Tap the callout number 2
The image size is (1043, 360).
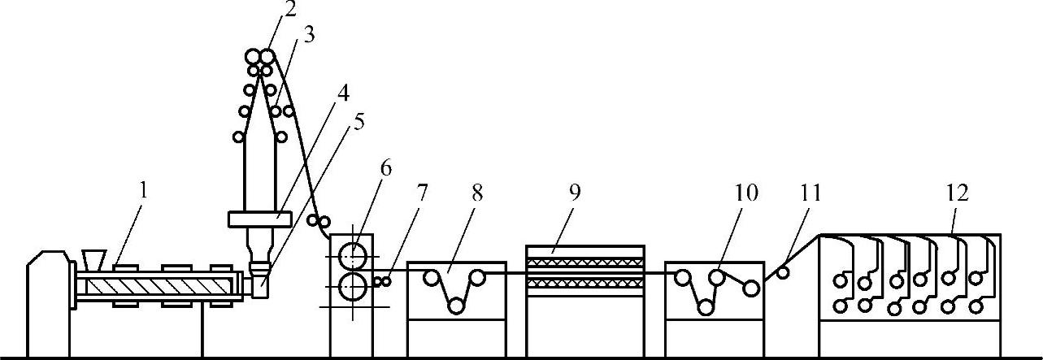click(291, 9)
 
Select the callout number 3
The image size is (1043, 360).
click(310, 36)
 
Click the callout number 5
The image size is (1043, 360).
click(358, 122)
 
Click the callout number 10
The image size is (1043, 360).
click(746, 193)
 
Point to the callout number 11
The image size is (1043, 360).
click(810, 193)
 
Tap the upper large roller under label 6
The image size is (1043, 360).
click(351, 253)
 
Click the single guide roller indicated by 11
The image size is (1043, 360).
click(783, 273)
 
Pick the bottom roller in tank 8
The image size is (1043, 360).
click(456, 306)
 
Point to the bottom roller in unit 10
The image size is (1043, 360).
click(706, 306)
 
